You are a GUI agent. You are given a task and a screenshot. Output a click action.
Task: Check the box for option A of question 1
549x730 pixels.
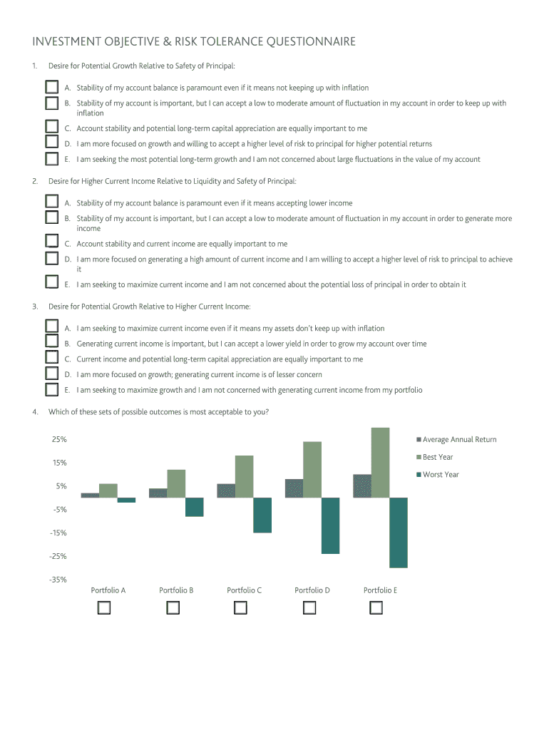[x=51, y=87]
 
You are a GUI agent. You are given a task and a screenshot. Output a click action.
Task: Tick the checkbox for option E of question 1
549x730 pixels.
[x=51, y=159]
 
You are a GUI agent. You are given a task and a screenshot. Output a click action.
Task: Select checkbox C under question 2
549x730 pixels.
[x=51, y=242]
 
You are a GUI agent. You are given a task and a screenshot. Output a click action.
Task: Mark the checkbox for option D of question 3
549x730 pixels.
[x=51, y=374]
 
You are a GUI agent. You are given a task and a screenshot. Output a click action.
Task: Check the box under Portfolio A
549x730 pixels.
[x=104, y=608]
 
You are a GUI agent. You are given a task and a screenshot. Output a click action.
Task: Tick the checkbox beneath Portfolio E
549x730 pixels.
[x=376, y=608]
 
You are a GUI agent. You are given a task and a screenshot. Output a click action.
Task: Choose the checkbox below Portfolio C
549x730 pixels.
[x=240, y=608]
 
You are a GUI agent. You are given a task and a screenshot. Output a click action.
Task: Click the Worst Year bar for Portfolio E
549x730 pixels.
[x=398, y=533]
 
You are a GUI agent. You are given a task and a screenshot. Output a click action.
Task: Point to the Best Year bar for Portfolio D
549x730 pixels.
[x=312, y=470]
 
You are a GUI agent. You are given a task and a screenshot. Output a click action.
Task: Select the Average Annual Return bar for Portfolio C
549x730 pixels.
[x=226, y=490]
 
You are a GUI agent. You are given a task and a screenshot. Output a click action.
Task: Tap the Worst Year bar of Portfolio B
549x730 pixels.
[x=194, y=507]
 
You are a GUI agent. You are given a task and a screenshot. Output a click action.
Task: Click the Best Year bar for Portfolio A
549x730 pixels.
[x=108, y=490]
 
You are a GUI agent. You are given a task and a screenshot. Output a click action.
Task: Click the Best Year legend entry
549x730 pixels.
[x=438, y=457]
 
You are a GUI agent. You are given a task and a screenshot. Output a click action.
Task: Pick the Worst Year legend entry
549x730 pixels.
[x=441, y=474]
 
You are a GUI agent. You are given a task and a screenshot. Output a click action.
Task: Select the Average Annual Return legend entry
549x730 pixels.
[x=459, y=439]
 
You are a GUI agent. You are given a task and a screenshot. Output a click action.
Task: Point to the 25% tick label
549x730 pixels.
[x=59, y=439]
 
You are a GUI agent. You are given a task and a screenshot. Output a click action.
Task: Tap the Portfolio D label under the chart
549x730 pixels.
[x=312, y=590]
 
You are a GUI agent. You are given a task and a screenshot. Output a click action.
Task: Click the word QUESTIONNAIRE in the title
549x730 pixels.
[x=311, y=42]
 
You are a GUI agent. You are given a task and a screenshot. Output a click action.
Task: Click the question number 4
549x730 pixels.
[x=34, y=411]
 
